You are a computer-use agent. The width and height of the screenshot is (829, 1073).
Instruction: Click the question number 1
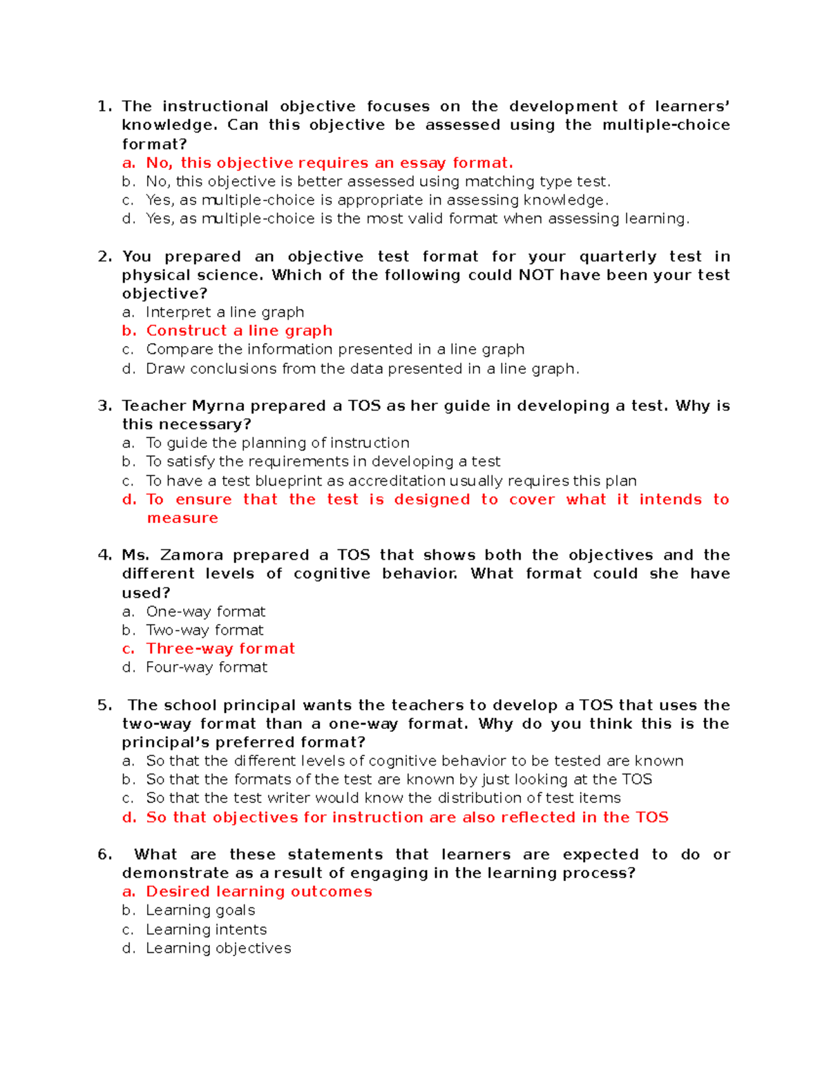click(104, 106)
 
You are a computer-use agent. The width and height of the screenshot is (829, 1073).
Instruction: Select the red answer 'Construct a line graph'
click(239, 331)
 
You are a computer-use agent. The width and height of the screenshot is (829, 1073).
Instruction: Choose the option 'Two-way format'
click(204, 630)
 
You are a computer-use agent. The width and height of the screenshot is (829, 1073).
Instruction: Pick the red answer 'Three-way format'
click(220, 649)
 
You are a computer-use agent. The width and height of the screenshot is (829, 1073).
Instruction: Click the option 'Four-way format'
click(207, 667)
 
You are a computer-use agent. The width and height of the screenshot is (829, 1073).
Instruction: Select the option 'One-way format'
click(205, 611)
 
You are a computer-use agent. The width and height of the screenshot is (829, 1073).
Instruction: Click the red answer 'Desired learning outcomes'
click(259, 892)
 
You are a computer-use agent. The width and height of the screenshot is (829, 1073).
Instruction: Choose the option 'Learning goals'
click(200, 911)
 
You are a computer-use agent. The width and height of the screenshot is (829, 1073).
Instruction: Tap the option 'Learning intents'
click(206, 930)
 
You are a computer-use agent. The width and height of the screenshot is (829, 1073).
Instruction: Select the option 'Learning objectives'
click(218, 949)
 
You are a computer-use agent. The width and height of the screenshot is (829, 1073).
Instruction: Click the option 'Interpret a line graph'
click(225, 312)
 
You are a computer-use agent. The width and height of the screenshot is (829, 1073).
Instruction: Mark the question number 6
click(104, 855)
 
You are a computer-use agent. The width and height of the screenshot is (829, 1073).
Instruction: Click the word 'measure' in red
click(182, 518)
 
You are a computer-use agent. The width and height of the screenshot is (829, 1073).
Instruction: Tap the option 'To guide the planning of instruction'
click(278, 443)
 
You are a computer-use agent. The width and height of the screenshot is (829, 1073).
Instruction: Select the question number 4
click(104, 556)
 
